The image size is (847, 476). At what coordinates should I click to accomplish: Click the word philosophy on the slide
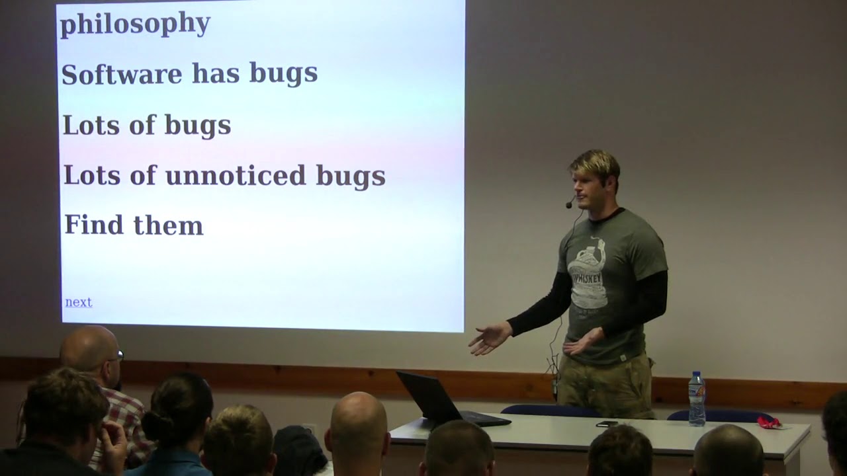pos(136,24)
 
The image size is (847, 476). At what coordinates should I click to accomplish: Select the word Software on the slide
pos(122,74)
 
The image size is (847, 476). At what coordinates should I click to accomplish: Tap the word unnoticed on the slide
pos(236,175)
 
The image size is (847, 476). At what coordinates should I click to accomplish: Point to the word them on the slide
pos(169,225)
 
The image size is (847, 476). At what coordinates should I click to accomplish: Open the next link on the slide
pos(79,302)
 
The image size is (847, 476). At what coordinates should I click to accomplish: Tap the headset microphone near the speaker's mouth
pos(568,205)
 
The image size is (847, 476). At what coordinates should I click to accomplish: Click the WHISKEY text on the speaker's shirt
pos(586,279)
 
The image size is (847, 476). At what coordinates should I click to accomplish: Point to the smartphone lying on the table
pos(607,424)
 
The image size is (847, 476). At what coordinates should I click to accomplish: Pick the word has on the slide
pos(216,73)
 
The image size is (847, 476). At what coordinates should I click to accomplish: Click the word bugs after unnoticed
pos(351,177)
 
